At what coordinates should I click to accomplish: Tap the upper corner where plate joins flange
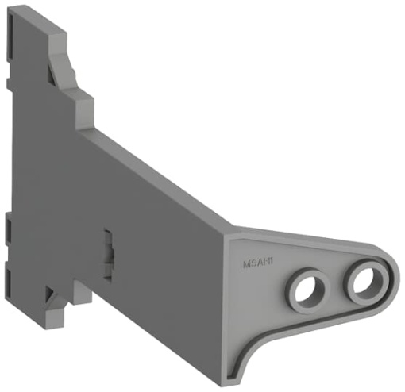coord(230,231)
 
